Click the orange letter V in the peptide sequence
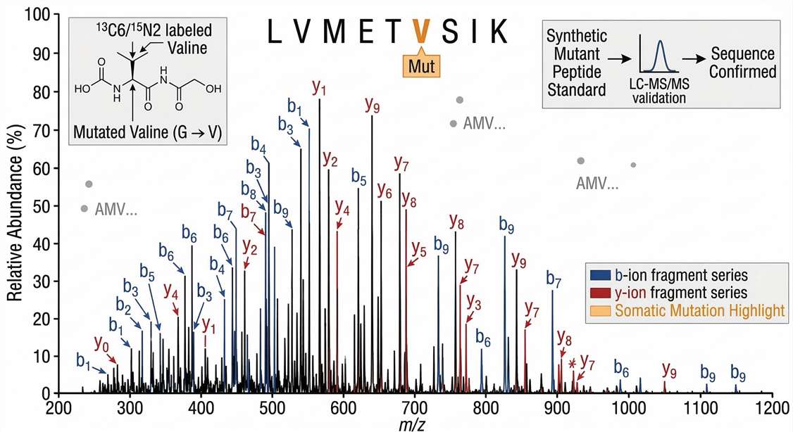[x=420, y=32]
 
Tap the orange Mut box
[x=420, y=68]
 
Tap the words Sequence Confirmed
[x=742, y=63]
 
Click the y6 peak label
[x=385, y=191]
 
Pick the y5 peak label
[x=418, y=249]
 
